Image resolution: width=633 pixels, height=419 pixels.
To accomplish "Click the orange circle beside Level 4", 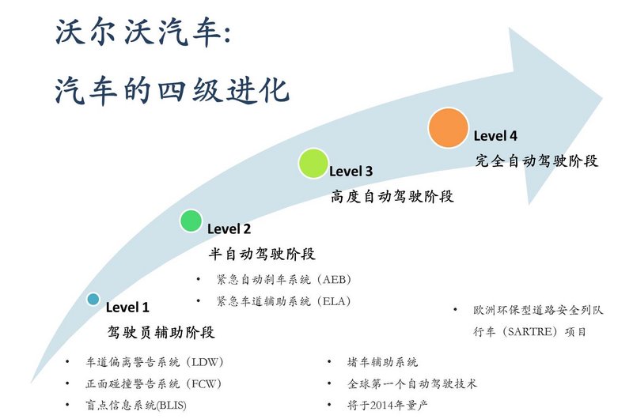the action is (448, 127).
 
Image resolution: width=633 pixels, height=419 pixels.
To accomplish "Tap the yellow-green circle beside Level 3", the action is (313, 164).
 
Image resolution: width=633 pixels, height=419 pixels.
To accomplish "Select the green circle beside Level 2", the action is (191, 221).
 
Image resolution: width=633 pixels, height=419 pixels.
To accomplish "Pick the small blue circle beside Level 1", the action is (93, 299).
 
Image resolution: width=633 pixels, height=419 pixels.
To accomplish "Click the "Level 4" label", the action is (495, 136).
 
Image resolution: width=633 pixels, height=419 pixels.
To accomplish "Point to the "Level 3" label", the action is (351, 172).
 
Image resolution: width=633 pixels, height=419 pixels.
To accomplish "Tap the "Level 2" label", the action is (229, 229).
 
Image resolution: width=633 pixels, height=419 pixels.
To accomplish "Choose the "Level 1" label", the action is (127, 308).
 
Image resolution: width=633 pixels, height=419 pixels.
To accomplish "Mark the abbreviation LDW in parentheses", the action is (205, 362).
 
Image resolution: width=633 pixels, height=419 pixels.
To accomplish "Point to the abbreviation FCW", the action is (204, 383).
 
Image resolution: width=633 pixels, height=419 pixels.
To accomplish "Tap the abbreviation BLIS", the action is (171, 405).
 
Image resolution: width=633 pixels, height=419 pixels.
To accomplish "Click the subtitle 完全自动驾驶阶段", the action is (536, 161).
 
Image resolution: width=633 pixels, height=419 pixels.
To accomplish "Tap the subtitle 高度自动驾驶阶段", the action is (392, 196).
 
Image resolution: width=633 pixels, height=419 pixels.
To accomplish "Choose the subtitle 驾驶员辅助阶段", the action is (161, 332).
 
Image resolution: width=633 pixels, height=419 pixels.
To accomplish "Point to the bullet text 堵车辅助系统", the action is (382, 362).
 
